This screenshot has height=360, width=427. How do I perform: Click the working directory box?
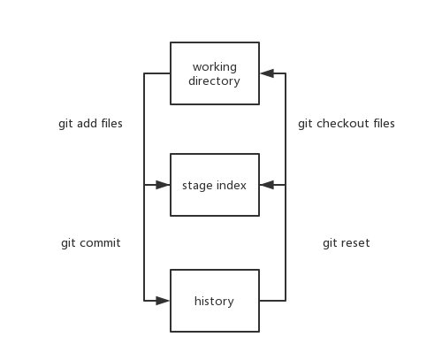[x=215, y=74]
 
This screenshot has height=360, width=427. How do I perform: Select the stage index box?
[x=215, y=186]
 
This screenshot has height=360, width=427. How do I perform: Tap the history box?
[x=215, y=301]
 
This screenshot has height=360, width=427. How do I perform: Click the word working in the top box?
[x=214, y=67]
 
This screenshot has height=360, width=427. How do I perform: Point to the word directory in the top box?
[x=214, y=82]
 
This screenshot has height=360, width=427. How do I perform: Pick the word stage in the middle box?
[x=197, y=186]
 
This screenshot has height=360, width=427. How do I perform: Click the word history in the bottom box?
[x=214, y=301]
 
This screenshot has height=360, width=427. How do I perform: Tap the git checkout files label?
[x=346, y=124]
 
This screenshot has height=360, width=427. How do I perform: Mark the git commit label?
[x=90, y=242]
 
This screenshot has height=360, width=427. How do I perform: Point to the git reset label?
[x=346, y=242]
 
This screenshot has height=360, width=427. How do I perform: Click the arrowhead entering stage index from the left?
[x=163, y=186]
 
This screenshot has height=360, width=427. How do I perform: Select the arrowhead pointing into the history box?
[x=163, y=301]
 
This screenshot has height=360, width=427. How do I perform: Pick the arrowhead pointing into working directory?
[x=267, y=74]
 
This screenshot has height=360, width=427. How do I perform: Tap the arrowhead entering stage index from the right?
[x=267, y=186]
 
